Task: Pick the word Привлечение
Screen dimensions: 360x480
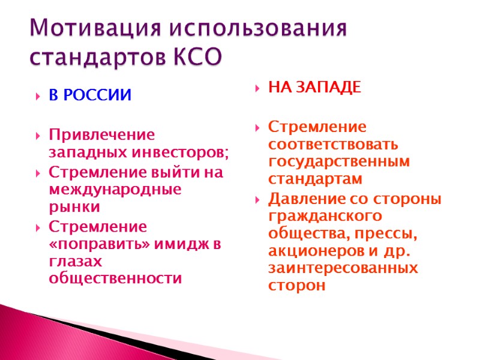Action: [101, 134]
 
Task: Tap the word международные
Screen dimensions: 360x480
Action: [115, 190]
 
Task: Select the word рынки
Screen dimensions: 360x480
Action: [74, 208]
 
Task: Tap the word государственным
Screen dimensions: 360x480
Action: [339, 162]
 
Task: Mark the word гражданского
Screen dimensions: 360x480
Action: [326, 215]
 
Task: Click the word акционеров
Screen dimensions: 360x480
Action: [315, 251]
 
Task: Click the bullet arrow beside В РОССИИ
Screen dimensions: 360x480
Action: [38, 97]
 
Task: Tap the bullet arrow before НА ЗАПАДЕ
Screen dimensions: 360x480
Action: [257, 89]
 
